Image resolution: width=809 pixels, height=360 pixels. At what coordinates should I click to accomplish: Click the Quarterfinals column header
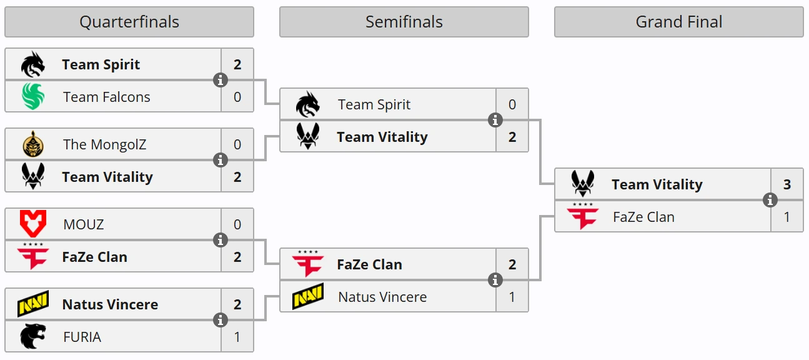(129, 22)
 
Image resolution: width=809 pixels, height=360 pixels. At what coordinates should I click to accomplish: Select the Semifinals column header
(404, 22)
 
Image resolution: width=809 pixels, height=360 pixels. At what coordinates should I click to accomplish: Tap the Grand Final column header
(678, 22)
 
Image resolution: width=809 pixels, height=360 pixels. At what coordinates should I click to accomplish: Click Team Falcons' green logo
(33, 97)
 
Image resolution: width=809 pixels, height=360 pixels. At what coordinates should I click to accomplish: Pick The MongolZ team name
(105, 145)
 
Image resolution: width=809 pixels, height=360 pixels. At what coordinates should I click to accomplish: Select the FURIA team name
(82, 337)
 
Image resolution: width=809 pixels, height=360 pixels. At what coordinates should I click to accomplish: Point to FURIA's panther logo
(33, 336)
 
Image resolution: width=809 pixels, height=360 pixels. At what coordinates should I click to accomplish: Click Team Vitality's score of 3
(787, 184)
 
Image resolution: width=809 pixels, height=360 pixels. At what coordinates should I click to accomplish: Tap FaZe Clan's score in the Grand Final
(787, 217)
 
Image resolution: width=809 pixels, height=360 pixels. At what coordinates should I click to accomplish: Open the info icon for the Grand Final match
(770, 201)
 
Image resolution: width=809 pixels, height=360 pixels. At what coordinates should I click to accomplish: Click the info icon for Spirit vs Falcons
(221, 80)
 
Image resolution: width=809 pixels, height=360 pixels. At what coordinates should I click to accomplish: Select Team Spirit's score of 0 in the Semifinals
(512, 104)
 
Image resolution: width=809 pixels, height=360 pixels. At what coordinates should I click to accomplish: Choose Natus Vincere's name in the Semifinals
(382, 297)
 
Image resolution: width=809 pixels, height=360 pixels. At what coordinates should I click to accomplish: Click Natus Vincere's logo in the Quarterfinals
(33, 304)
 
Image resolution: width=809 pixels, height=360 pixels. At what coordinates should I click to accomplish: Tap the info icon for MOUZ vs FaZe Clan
(221, 240)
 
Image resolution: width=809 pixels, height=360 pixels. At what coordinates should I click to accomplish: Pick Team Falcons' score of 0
(237, 97)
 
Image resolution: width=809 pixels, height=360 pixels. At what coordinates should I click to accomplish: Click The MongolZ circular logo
(33, 144)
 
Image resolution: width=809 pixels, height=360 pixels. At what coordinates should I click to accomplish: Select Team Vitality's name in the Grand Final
(657, 185)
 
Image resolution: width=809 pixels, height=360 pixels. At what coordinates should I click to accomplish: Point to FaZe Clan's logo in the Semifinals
(308, 264)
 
